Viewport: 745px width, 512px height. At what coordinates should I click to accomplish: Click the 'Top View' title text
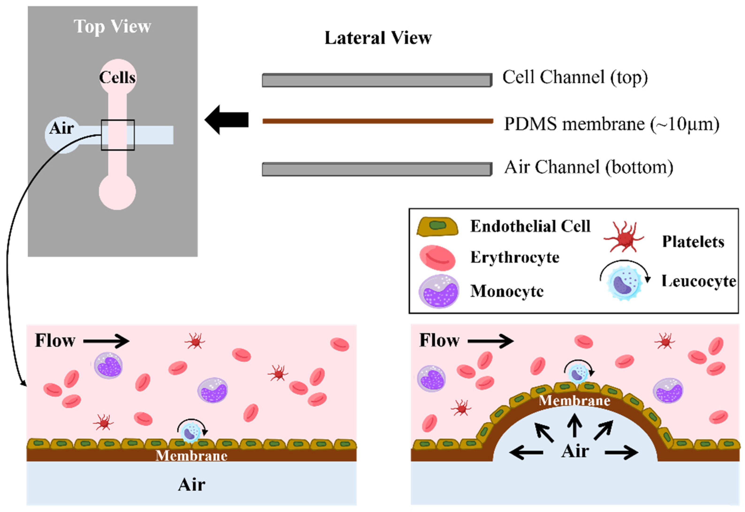pos(112,26)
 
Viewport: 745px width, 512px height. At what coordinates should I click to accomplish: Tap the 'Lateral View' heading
pos(378,38)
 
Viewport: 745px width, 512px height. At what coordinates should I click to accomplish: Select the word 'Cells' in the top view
pos(117,77)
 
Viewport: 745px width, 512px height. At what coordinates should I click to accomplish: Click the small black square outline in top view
pos(118,120)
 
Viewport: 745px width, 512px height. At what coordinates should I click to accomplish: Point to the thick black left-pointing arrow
pos(227,120)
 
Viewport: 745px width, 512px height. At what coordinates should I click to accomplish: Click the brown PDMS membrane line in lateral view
pos(378,121)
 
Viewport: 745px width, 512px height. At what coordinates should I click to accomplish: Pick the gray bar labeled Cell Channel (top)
pos(377,80)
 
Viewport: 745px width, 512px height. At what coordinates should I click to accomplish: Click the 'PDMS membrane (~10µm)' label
pos(611,124)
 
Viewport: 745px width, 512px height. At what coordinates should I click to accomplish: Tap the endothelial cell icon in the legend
pos(437,226)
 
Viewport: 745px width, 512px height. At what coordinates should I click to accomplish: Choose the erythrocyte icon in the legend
pos(437,258)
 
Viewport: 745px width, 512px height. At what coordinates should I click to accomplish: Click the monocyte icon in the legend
pos(439,291)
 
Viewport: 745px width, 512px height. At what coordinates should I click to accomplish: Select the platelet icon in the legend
pos(624,238)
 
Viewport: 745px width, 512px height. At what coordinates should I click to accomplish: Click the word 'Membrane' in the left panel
pos(191,455)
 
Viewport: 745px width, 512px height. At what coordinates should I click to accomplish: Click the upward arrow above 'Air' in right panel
pos(574,425)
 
